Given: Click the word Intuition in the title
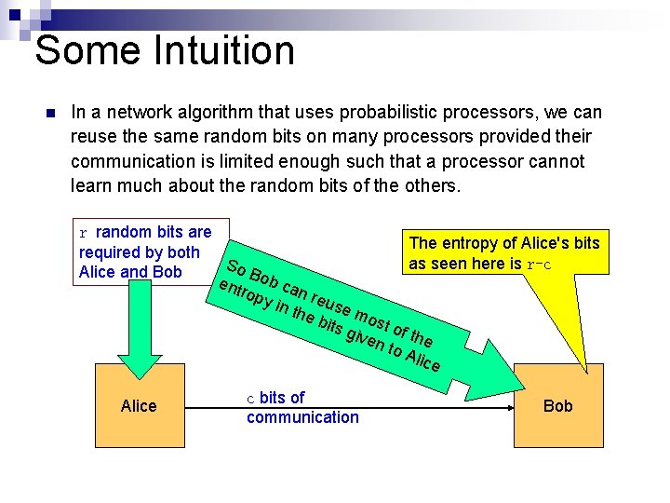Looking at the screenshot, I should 215,50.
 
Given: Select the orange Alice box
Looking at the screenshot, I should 139,405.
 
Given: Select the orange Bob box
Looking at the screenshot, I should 557,405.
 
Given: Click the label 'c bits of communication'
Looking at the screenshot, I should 301,408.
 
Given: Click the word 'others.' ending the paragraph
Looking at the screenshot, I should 431,185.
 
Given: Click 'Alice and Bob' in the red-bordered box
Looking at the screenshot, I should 130,272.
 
